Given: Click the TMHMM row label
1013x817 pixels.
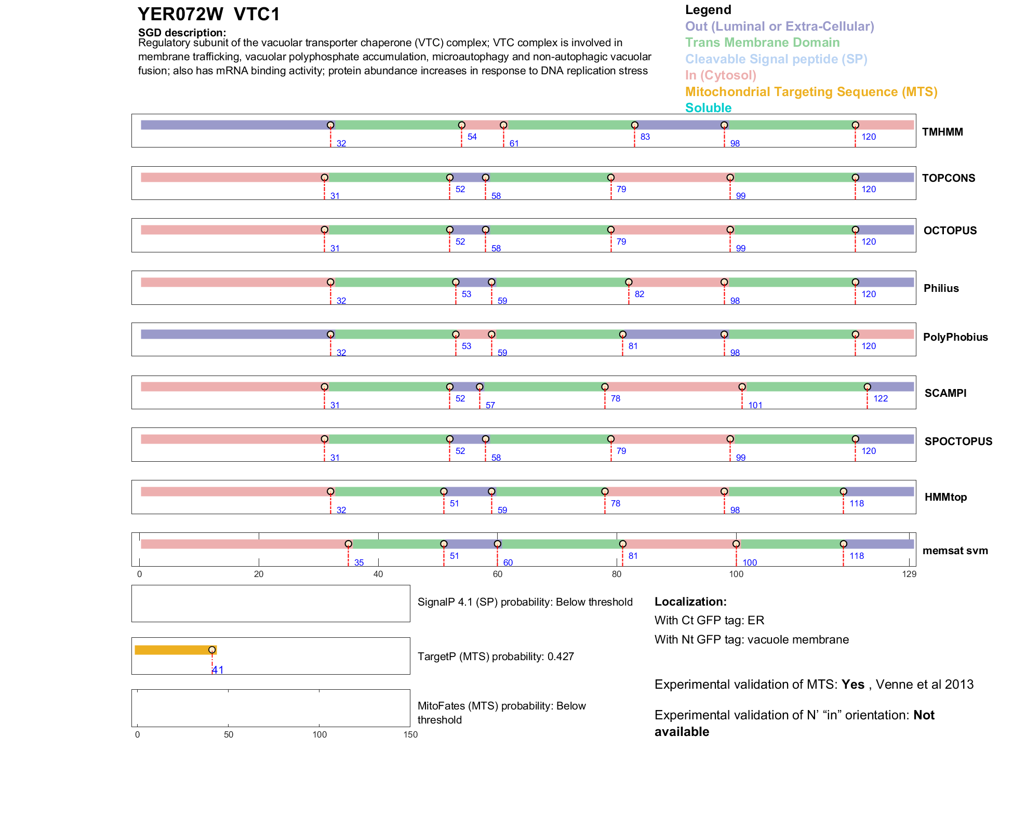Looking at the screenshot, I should (942, 132).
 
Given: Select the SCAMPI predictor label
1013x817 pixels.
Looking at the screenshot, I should (945, 393).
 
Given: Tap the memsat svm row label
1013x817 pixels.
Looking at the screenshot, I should (955, 551).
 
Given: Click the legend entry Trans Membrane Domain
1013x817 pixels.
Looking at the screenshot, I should (762, 43).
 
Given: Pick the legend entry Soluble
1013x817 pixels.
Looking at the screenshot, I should (708, 108).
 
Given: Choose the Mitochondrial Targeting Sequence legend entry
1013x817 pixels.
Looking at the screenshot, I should (811, 92).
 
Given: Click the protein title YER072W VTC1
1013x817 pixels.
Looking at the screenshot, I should (209, 15).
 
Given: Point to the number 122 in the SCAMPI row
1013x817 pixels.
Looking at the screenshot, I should (881, 399).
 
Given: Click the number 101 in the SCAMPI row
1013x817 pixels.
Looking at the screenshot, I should (755, 406).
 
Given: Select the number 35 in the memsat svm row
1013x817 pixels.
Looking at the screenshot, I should (359, 563).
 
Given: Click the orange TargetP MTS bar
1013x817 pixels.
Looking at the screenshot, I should (174, 650).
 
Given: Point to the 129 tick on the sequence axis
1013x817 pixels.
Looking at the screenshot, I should (909, 574).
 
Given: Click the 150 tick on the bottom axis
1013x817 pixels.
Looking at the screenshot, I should (410, 735).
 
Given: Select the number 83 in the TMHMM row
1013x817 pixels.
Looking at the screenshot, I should (645, 137).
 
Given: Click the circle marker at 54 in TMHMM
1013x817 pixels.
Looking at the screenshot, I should (461, 125).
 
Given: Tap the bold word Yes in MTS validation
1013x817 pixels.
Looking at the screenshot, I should (853, 685).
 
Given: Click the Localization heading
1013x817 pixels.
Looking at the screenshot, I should (690, 602).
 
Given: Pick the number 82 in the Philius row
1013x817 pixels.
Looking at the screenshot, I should (639, 294).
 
